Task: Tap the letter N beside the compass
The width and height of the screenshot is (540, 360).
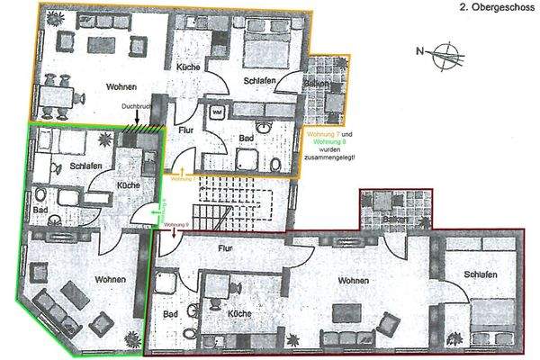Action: tap(420, 51)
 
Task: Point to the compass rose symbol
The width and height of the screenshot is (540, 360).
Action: tap(443, 51)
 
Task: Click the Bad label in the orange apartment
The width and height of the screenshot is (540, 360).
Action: tap(245, 139)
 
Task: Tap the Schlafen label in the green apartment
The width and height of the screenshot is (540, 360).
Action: tap(85, 166)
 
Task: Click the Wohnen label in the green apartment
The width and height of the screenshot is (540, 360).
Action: tap(110, 280)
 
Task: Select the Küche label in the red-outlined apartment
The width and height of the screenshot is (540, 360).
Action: tap(238, 312)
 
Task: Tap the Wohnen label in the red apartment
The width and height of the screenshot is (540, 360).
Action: tap(354, 282)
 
